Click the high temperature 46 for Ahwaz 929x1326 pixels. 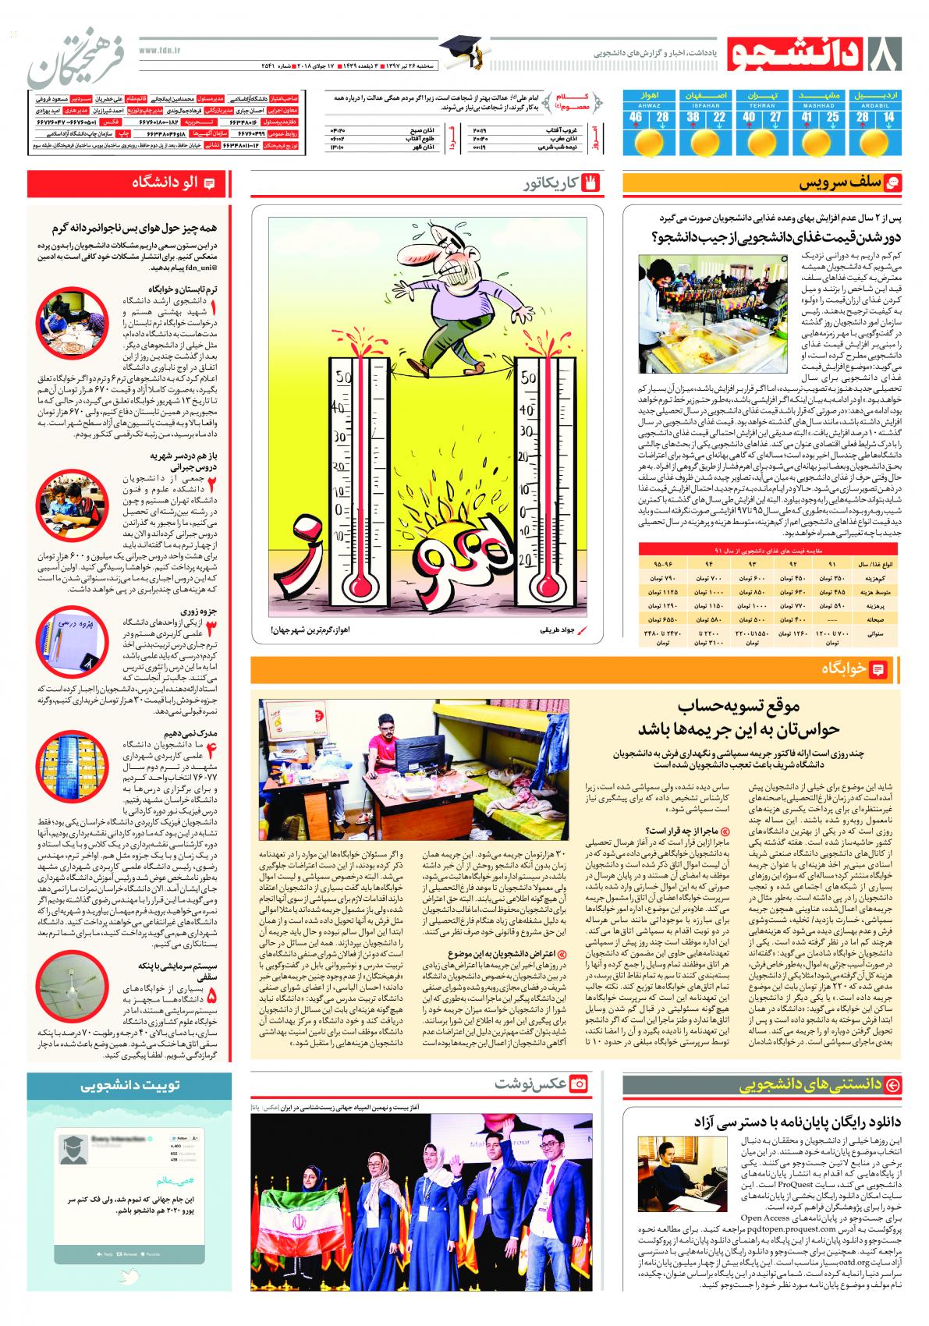pyautogui.click(x=636, y=117)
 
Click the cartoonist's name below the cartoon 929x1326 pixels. pyautogui.click(x=557, y=628)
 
